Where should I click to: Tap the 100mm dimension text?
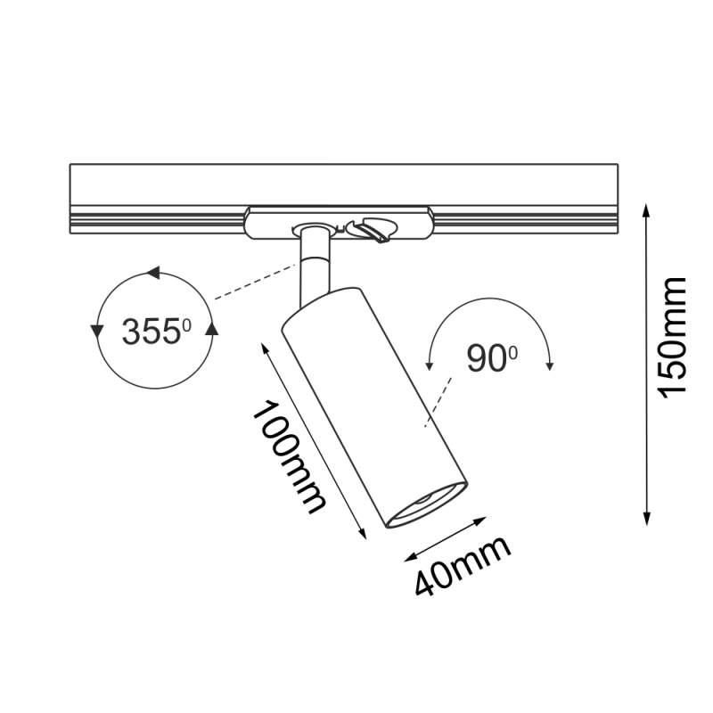[288, 457]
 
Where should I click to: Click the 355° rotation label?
[157, 332]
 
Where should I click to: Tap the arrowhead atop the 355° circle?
[154, 273]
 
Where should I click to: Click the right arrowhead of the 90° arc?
[551, 364]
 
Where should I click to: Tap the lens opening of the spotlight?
[430, 504]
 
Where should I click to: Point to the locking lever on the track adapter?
[373, 231]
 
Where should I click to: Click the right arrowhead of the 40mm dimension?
[486, 519]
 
